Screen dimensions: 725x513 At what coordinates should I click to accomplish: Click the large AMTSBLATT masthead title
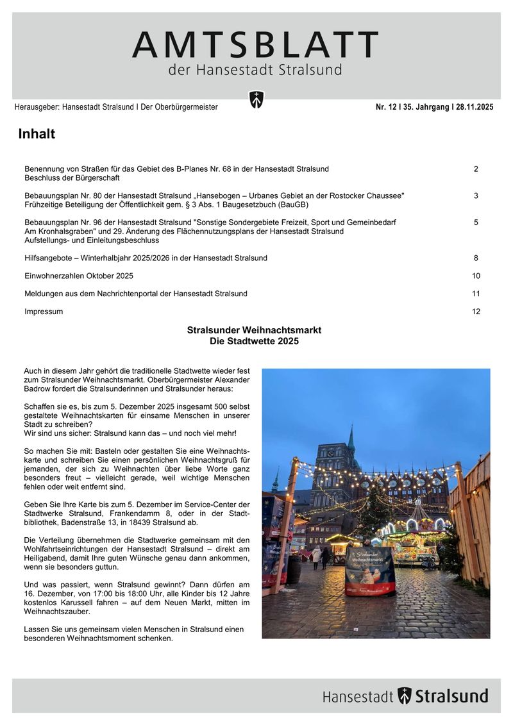[x=255, y=45]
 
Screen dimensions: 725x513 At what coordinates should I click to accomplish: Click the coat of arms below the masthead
[x=256, y=100]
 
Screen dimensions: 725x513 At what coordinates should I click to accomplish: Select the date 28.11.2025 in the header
[x=475, y=107]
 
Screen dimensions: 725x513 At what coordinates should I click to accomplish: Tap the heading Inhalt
[x=37, y=134]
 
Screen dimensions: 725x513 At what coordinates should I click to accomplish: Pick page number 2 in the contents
[x=476, y=169]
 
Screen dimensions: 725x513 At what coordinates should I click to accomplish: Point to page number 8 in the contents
[x=476, y=258]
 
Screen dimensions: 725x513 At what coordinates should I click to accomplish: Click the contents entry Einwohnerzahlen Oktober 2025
[x=79, y=276]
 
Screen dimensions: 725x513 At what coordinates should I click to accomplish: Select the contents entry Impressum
[x=44, y=312]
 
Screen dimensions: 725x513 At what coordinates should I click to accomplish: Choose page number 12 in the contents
[x=476, y=312]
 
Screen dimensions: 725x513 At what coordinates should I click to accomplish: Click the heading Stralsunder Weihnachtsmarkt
[x=254, y=330]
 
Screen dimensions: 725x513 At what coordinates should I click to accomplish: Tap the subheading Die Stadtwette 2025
[x=254, y=342]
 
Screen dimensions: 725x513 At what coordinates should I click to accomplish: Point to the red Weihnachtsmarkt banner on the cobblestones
[x=370, y=571]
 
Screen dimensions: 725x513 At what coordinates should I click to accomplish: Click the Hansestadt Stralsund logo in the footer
[x=405, y=696]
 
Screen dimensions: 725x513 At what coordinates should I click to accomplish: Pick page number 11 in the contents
[x=476, y=294]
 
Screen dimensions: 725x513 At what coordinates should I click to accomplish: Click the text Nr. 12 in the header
[x=387, y=107]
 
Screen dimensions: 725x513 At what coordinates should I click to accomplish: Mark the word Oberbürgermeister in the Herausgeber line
[x=186, y=107]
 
